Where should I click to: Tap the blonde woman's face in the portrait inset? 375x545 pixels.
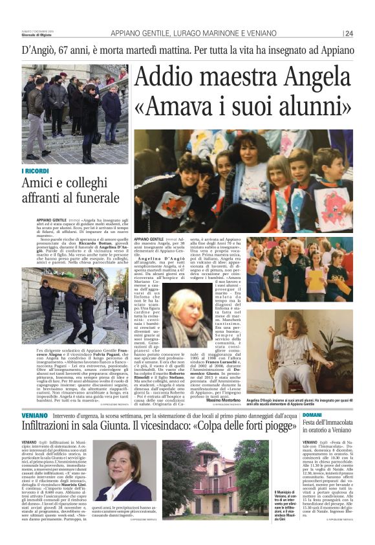pyautogui.click(x=189, y=310)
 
